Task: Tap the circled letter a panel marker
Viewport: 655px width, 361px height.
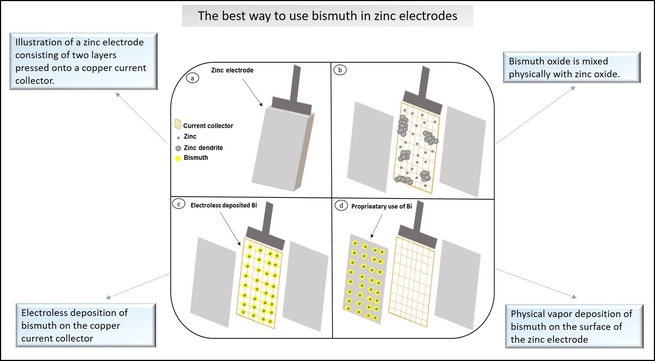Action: (x=193, y=78)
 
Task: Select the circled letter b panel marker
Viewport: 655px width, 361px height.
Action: (x=340, y=70)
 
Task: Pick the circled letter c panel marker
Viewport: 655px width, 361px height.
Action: (x=179, y=204)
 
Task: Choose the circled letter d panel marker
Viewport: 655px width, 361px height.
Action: (x=341, y=205)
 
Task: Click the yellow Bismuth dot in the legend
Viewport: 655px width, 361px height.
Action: (x=178, y=159)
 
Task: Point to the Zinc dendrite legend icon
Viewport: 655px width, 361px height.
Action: (x=178, y=148)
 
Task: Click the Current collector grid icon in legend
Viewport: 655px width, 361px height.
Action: (x=178, y=124)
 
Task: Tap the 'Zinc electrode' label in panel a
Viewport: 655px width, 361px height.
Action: (x=232, y=70)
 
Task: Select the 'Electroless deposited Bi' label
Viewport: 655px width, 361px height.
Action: (x=223, y=205)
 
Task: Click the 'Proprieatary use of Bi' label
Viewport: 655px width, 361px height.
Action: (x=381, y=206)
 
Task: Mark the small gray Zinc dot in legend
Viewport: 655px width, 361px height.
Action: (x=178, y=138)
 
